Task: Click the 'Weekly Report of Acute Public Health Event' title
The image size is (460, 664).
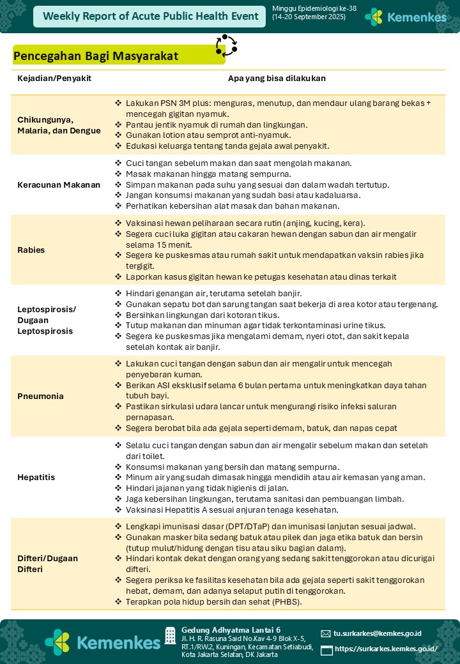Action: point(151,17)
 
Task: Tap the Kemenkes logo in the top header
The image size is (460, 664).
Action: point(406,17)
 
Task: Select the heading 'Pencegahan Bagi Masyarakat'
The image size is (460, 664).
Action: point(96,56)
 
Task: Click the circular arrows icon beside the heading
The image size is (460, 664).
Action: point(226,45)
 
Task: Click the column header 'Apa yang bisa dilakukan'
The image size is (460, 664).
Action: point(277,79)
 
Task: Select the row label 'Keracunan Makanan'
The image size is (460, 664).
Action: point(59,185)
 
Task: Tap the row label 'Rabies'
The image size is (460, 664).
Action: point(31,250)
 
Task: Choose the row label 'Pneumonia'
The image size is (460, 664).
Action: point(41,396)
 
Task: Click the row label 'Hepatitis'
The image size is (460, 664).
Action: point(36,477)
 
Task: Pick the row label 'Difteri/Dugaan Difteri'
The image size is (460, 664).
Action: point(48,563)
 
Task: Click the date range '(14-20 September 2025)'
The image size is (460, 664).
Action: point(309,17)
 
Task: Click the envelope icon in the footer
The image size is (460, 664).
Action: point(326,634)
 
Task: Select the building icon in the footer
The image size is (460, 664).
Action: point(170,635)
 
